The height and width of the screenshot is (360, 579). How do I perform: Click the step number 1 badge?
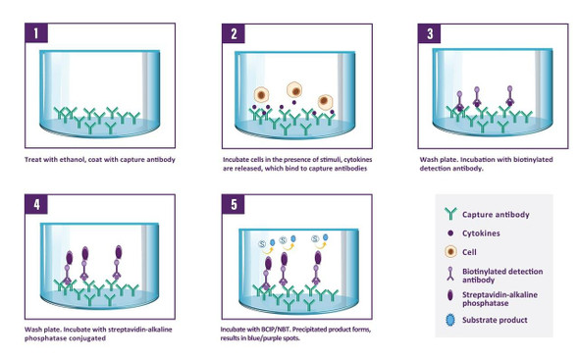tap(36, 33)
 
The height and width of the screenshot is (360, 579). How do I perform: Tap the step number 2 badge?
tap(234, 33)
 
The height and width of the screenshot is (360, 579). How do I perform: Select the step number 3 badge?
tap(430, 33)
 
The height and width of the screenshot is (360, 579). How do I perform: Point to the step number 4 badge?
tap(36, 204)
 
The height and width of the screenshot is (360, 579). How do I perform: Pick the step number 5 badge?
tap(234, 204)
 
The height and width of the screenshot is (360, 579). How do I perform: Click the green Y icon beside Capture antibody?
tap(450, 214)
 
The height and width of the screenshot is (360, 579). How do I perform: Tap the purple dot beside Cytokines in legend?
tap(450, 233)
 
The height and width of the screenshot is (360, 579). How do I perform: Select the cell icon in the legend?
tap(450, 252)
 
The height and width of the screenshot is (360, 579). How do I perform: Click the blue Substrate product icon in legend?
tap(450, 320)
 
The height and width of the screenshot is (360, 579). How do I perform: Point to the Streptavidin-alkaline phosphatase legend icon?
tap(450, 295)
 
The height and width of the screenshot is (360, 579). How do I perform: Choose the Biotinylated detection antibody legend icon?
tap(450, 274)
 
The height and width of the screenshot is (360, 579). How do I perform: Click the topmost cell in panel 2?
tap(295, 90)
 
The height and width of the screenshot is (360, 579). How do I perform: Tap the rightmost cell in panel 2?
tap(325, 102)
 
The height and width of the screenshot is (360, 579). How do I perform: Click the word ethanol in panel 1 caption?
tap(75, 160)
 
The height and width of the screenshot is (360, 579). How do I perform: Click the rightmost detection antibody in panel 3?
tap(510, 96)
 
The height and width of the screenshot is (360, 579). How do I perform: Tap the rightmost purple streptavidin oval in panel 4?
tap(119, 252)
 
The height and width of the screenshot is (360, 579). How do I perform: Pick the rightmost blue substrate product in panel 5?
tap(325, 237)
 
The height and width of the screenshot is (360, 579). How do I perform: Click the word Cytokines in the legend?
tap(481, 233)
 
